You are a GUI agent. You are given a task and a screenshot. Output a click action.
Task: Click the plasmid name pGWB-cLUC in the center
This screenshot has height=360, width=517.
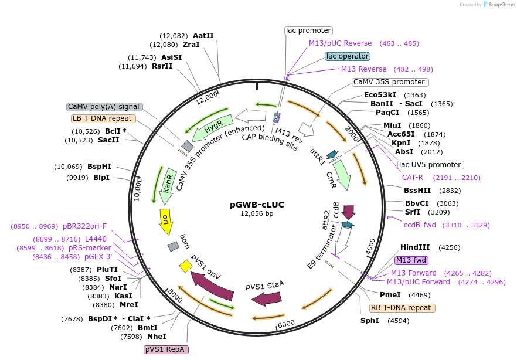[x=257, y=205]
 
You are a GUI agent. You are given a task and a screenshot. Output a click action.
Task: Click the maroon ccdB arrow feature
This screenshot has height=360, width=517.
[x=349, y=212]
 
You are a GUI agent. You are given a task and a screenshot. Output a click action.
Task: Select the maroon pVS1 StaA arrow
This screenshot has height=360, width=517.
[x=267, y=298]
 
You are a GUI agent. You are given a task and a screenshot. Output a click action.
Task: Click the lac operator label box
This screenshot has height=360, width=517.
[x=348, y=56]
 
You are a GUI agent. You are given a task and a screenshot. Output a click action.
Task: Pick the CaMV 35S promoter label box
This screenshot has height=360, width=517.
[x=390, y=82]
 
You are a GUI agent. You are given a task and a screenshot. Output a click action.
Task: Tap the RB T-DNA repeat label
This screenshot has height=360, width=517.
[x=402, y=308]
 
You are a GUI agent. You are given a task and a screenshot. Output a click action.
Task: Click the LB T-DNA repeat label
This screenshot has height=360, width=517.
[x=104, y=118]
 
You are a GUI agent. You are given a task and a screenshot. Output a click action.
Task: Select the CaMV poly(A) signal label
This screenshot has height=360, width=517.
[x=104, y=107]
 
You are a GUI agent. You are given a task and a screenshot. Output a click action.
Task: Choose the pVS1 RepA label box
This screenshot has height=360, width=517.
[x=166, y=349]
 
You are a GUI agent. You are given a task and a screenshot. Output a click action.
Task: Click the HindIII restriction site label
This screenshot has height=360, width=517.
[x=415, y=247]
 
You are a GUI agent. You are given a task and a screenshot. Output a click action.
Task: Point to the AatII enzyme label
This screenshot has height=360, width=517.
[x=203, y=35]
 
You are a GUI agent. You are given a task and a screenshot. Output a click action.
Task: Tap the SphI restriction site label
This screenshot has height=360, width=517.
[x=370, y=321]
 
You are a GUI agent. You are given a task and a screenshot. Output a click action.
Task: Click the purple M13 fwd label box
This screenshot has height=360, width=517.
[x=411, y=260]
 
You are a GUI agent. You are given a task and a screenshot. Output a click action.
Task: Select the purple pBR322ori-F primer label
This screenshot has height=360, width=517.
[x=85, y=226]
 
